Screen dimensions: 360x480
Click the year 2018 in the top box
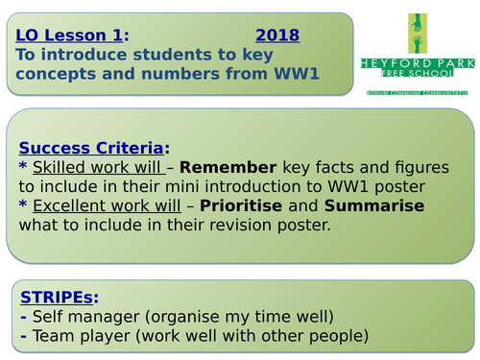point(278,36)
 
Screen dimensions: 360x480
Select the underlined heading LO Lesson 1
point(69,36)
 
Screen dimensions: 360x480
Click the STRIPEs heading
point(59,297)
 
